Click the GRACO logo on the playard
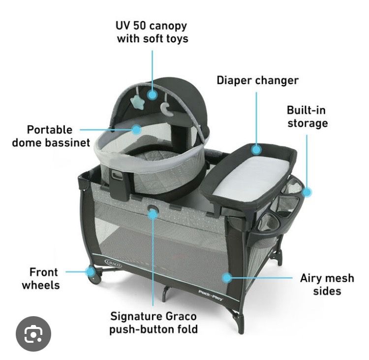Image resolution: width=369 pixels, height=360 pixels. (113, 263)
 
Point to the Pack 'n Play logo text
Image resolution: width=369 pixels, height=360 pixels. (211, 295)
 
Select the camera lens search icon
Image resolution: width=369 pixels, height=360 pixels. (33, 334)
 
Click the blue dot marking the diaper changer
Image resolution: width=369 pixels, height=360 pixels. (256, 150)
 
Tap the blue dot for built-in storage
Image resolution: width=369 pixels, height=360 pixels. (307, 192)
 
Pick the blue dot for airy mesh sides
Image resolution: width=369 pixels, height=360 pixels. (227, 278)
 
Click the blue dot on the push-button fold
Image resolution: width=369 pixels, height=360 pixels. (153, 214)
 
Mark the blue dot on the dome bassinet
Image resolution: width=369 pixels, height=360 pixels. (136, 130)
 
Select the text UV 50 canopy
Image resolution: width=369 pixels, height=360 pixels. (151, 26)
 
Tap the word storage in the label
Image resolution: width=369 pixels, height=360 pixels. (308, 124)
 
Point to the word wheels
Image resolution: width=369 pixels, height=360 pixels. (41, 285)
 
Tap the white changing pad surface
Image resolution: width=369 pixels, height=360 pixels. (250, 179)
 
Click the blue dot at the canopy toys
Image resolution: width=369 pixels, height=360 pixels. (153, 95)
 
